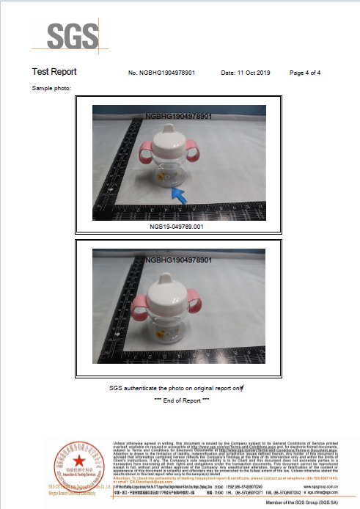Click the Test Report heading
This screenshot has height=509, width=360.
tap(54, 73)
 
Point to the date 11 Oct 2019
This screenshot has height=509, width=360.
tap(245, 73)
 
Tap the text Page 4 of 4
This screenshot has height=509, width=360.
tap(305, 73)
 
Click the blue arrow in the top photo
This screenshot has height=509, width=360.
tap(177, 194)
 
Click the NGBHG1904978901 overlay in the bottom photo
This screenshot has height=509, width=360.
tap(179, 260)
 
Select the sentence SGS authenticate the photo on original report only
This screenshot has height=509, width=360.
tap(176, 387)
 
